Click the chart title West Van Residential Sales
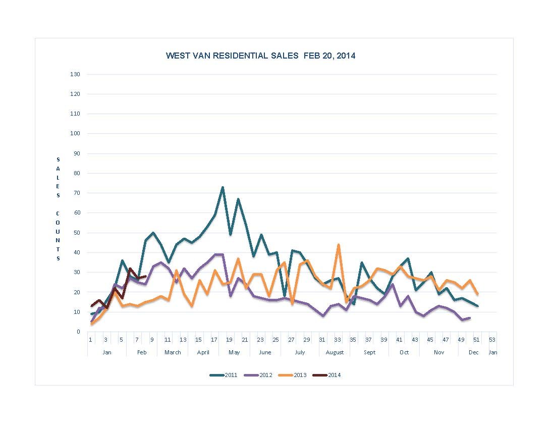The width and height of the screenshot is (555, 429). click(x=260, y=56)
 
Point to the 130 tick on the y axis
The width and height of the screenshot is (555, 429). click(x=75, y=75)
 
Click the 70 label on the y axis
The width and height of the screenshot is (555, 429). click(x=77, y=193)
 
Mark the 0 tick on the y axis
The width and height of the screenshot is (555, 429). click(x=78, y=332)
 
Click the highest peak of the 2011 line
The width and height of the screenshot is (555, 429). click(x=223, y=187)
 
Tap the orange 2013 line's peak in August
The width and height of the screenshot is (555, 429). click(x=338, y=245)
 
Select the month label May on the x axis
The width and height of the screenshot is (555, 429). click(x=234, y=352)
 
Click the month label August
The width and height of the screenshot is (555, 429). click(x=335, y=352)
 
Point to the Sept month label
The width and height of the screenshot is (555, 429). click(x=369, y=352)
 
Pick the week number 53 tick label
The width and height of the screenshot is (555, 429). click(x=492, y=340)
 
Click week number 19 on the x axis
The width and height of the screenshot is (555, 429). click(x=229, y=340)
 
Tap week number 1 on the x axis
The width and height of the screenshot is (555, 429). click(x=90, y=340)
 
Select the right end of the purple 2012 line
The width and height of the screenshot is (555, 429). click(x=470, y=318)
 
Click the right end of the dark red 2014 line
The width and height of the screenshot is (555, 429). click(x=145, y=276)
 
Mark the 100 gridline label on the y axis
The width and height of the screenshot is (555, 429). click(x=75, y=134)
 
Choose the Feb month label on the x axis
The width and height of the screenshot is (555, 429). click(x=142, y=352)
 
